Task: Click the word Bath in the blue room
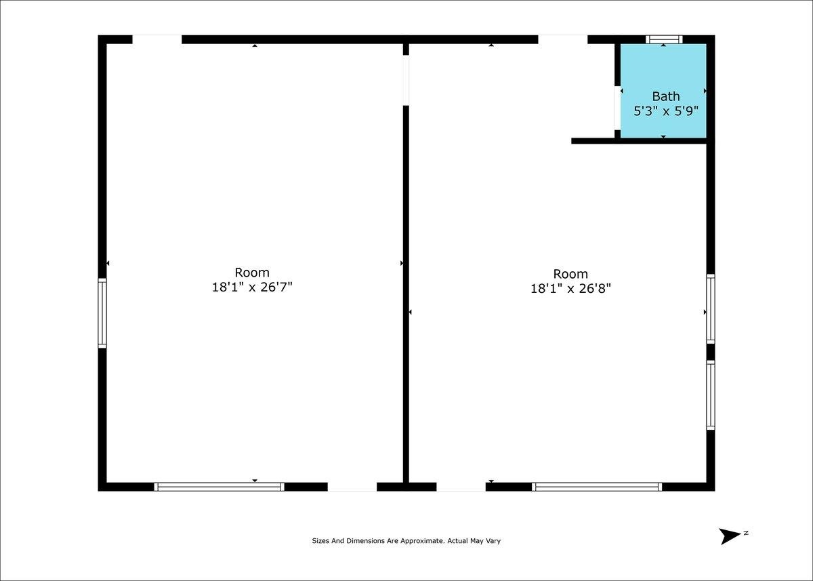point(665,96)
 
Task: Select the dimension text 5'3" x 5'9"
point(666,111)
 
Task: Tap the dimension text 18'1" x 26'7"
point(252,287)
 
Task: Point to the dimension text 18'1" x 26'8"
point(571,289)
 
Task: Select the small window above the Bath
point(664,39)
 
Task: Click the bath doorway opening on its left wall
point(617,108)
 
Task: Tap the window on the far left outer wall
point(102,313)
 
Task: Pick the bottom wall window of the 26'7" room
point(220,487)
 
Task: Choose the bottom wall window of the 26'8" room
point(597,487)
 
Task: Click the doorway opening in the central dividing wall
point(406,80)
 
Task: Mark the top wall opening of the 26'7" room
point(157,39)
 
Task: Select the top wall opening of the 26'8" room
point(562,39)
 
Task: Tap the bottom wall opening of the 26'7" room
point(352,487)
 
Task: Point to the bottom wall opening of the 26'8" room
point(461,487)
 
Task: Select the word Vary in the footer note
point(494,541)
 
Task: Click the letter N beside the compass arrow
point(746,533)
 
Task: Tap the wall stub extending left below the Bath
point(593,141)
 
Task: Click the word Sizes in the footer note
point(320,541)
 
